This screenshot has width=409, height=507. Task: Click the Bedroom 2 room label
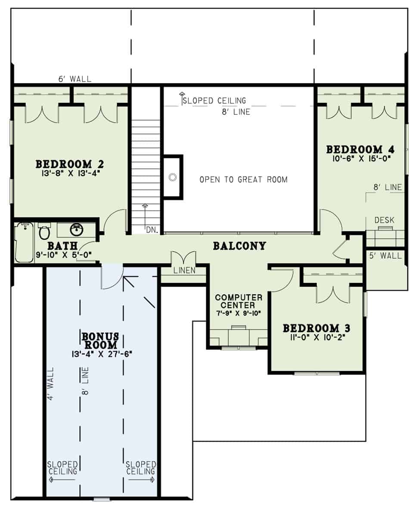(x=70, y=164)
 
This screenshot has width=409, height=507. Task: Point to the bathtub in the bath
(x=23, y=243)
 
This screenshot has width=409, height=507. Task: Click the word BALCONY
(x=239, y=246)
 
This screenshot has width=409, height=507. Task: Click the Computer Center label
(x=239, y=301)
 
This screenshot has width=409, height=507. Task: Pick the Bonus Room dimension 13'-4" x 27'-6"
(x=102, y=354)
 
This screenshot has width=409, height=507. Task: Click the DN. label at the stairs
(x=151, y=230)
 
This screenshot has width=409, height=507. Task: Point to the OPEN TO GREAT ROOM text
(x=243, y=179)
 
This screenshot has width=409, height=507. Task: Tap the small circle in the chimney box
(x=173, y=177)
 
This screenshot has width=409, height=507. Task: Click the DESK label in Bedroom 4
(x=384, y=220)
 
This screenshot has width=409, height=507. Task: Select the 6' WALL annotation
(x=75, y=79)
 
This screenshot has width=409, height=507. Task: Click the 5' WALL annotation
(x=385, y=256)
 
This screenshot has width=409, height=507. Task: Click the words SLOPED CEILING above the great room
(x=214, y=101)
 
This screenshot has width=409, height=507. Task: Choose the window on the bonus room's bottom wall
(x=102, y=499)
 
